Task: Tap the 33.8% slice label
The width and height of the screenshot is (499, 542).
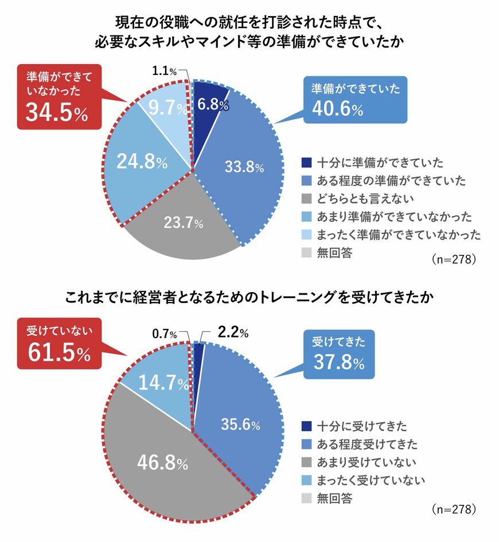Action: [x=243, y=167]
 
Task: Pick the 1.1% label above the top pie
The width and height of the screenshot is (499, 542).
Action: [x=165, y=72]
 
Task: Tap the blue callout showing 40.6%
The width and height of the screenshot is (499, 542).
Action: [x=354, y=99]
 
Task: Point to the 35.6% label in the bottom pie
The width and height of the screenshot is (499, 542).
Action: [x=240, y=425]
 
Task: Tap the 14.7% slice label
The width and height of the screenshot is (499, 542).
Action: [x=156, y=383]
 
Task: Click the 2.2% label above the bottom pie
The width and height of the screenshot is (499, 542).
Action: [x=233, y=333]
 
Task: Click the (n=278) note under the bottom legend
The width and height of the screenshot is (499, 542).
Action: [x=453, y=509]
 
